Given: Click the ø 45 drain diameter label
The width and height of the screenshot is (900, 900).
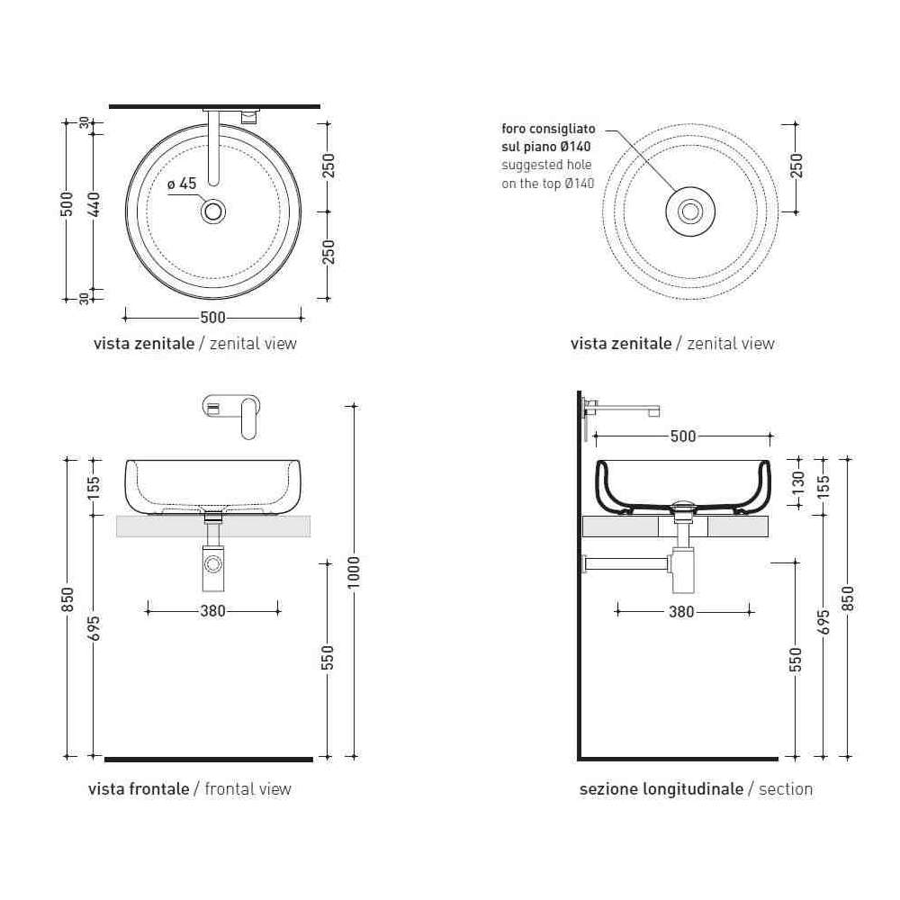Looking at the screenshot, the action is tap(182, 184).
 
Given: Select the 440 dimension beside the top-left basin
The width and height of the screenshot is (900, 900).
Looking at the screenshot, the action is tap(95, 205).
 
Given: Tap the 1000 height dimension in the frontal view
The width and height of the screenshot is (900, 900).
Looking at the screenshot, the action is tap(354, 571).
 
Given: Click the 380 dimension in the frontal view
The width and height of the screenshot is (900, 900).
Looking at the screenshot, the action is tap(213, 611).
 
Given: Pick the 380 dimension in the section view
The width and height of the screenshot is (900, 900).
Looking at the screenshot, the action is tap(682, 612).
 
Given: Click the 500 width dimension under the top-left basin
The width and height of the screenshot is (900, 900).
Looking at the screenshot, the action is tap(213, 318).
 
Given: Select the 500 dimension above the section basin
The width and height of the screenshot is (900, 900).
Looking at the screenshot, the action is tap(683, 436).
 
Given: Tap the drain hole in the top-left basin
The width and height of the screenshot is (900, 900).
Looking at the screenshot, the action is tap(213, 211).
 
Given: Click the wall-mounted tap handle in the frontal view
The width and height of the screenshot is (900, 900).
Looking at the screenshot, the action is tap(248, 418).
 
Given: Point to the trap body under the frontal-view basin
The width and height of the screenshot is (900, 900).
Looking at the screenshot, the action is tap(213, 568).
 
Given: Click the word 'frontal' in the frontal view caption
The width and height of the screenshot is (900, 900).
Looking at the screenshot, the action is tap(227, 789).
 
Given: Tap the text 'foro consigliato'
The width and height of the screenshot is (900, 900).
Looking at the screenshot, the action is tap(548, 129).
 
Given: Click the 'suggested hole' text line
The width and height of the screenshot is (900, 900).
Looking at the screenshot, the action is tap(546, 166).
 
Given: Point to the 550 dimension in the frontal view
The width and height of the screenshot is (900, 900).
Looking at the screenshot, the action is tap(328, 658).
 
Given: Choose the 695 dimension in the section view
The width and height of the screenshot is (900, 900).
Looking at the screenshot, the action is tap(823, 622).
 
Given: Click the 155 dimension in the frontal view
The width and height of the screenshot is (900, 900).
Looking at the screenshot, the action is tap(94, 487).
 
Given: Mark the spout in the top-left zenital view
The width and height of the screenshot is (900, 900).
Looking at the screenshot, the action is tap(213, 148).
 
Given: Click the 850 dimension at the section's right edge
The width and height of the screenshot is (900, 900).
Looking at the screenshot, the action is tap(849, 598).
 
